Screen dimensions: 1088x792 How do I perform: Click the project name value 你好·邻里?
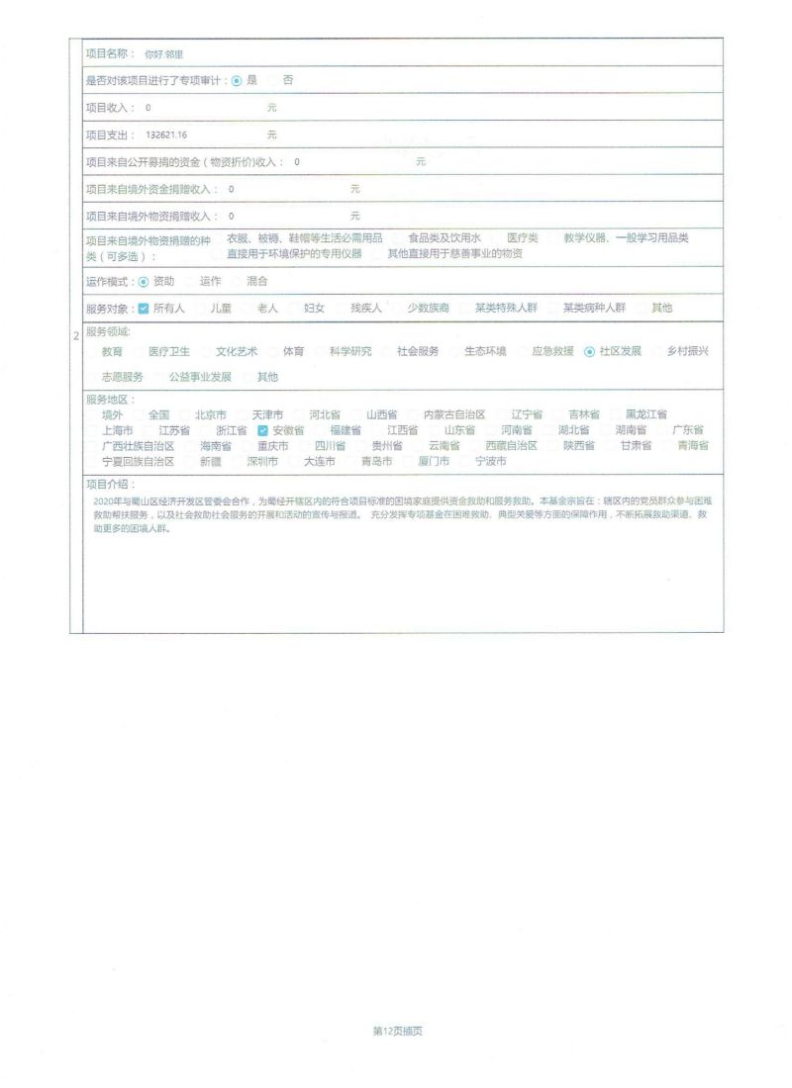[164, 54]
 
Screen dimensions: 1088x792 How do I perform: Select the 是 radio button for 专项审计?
[237, 80]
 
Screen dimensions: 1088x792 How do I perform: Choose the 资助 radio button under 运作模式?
[144, 282]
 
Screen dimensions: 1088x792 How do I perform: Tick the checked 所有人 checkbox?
[144, 309]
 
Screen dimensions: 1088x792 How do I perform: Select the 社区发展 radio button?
[590, 352]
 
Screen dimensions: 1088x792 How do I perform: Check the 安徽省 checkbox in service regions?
[262, 431]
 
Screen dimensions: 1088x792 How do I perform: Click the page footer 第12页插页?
[397, 1031]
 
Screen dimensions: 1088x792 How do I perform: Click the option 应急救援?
[552, 352]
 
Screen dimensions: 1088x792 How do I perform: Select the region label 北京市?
[211, 415]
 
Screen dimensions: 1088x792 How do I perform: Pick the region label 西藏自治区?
[511, 446]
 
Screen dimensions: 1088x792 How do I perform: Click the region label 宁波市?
[491, 462]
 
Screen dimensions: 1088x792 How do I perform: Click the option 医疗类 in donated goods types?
[523, 238]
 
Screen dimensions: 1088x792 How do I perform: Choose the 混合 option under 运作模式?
[257, 282]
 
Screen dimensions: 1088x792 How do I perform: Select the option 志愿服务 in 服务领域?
[122, 378]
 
